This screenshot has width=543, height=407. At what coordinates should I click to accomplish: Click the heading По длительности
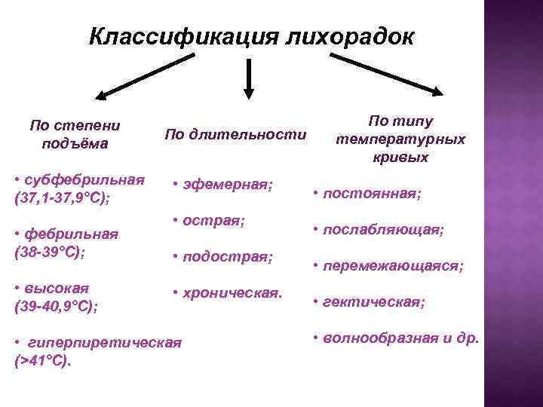tap(236, 135)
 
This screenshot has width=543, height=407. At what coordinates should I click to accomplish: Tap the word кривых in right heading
tap(400, 158)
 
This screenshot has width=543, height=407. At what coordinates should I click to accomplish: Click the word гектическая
tap(373, 302)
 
